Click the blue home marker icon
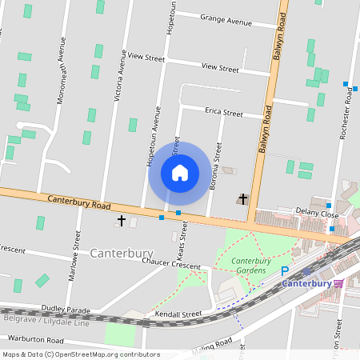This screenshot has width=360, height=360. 179,173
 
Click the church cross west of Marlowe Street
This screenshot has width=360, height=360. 122,220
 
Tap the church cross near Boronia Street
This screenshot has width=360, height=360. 243,198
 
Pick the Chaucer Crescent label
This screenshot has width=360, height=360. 170,264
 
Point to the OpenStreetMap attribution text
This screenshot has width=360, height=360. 80,354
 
